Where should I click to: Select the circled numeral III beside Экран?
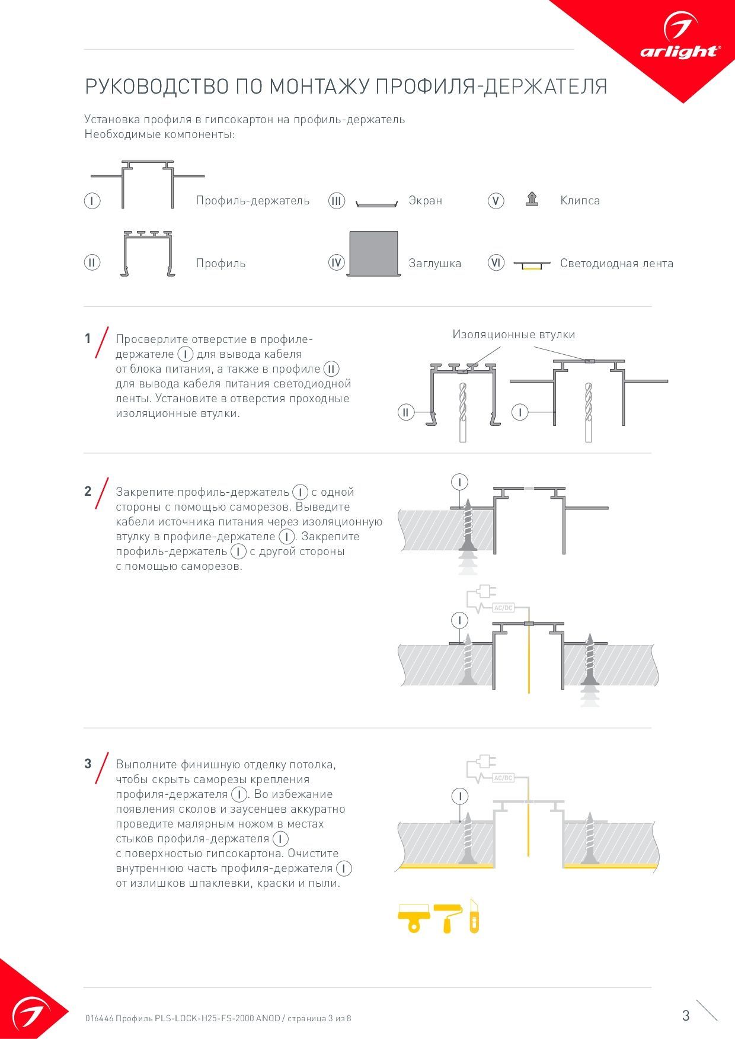pos(337,201)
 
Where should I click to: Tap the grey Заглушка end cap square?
pos(373,253)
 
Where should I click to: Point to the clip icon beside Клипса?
pos(532,200)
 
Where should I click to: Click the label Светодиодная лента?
pos(616,264)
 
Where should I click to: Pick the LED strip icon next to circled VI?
pos(532,264)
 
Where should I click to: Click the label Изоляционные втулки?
pos(513,335)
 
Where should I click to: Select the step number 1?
pos(88,339)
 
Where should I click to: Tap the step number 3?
pos(88,764)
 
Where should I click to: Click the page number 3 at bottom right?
pos(686,1015)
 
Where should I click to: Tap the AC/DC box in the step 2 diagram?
pos(503,608)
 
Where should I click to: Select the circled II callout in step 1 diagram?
pos(405,412)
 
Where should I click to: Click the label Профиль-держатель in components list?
pos(253,201)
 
